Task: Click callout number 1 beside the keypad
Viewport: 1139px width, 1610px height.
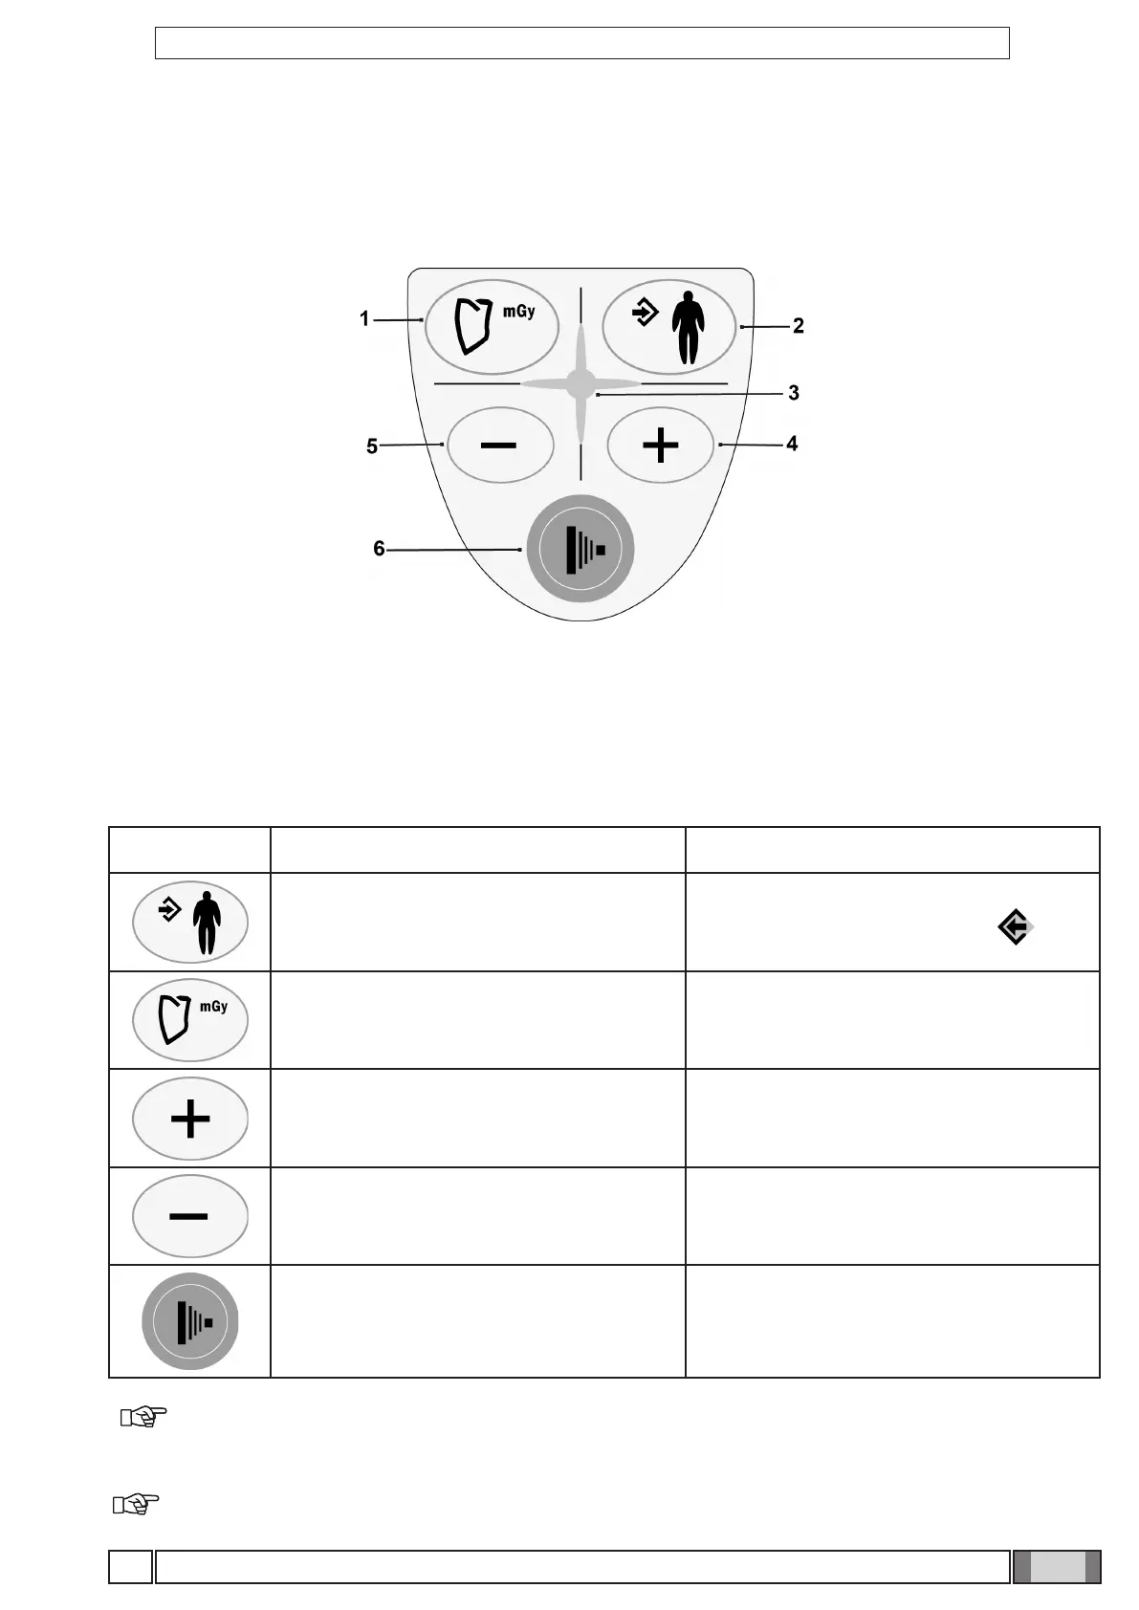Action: coord(364,318)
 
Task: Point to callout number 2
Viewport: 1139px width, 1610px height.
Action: coord(798,326)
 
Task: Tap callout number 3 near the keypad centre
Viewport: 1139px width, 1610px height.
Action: coord(793,392)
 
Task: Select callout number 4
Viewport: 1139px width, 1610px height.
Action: coord(792,444)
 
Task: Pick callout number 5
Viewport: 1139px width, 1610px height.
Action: coord(372,446)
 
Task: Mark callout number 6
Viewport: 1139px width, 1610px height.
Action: coord(379,549)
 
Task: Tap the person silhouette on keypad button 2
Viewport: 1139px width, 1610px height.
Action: coord(687,329)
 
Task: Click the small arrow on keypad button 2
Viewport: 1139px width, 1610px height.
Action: coord(646,313)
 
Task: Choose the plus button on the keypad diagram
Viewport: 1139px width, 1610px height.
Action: coord(660,446)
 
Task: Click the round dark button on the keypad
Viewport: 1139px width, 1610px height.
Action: coord(580,549)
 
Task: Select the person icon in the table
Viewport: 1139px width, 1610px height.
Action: coord(190,922)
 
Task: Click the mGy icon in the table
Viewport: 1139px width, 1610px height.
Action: coord(190,1020)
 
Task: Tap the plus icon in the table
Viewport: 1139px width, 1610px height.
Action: coord(190,1119)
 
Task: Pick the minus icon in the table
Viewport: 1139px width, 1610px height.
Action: coord(190,1216)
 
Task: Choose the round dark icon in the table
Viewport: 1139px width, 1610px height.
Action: coord(190,1321)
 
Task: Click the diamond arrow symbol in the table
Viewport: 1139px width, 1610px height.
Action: coord(1015,926)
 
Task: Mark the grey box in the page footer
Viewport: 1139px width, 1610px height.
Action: coord(1057,1567)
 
